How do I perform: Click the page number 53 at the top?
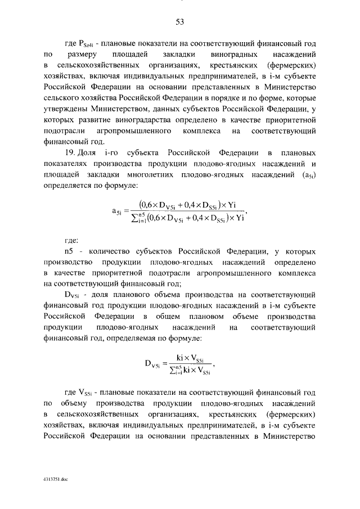180,22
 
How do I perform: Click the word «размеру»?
83,55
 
